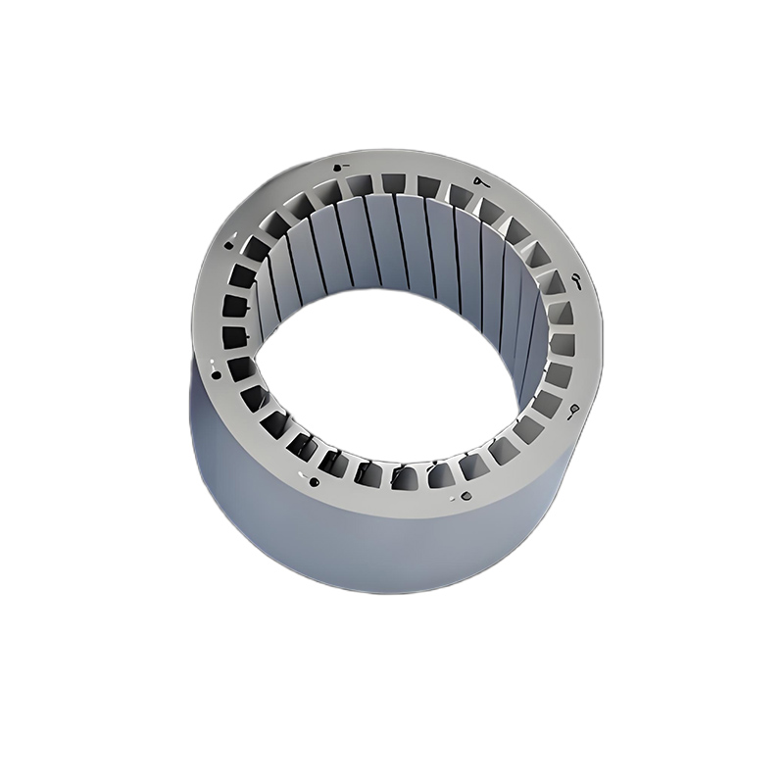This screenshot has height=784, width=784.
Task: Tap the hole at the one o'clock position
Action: tap(477, 181)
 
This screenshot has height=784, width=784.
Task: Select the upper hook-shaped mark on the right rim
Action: tap(575, 282)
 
